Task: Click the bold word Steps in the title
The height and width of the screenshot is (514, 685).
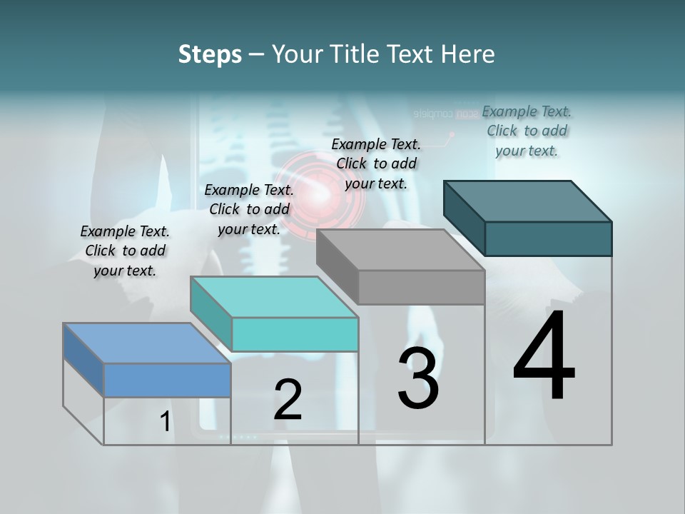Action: point(210,54)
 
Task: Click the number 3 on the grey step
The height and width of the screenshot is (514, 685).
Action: point(418,378)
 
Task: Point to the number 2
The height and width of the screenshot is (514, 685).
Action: point(288,400)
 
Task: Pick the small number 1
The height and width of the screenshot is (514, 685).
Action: point(166,422)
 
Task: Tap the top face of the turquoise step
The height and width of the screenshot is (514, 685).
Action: point(275,296)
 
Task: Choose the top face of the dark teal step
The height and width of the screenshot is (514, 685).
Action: point(528,201)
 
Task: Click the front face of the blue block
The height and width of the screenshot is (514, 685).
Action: point(167,380)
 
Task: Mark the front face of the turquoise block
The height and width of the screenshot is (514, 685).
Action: point(295,334)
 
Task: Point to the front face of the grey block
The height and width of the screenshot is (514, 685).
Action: point(421,288)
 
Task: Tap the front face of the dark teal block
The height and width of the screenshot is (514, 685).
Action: point(548,238)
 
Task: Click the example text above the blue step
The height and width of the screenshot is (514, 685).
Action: point(125,251)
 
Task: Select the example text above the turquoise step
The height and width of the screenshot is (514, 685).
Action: point(249,209)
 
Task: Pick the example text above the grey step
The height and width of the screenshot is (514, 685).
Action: point(376,163)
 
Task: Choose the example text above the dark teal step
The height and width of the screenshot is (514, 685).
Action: point(527,131)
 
